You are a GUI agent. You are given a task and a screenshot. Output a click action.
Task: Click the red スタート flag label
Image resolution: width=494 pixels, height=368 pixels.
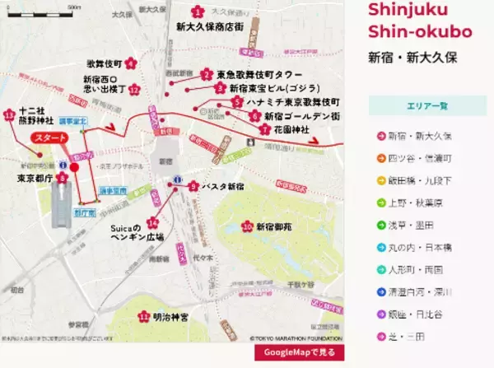point(49,137)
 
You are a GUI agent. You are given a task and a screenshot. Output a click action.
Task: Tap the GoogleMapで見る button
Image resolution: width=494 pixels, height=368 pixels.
point(299,353)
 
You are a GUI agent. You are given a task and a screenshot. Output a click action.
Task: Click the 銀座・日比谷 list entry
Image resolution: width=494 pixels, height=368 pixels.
point(418,314)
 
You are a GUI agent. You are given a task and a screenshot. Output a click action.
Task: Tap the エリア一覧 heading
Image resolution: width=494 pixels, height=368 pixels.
point(428,106)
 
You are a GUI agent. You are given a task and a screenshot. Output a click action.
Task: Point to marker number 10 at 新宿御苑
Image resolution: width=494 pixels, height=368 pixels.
point(246,226)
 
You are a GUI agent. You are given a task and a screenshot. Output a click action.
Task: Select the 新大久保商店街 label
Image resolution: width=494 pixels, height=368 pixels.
point(210,26)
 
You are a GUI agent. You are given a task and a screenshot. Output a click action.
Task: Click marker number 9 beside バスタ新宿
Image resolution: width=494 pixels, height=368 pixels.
point(193,187)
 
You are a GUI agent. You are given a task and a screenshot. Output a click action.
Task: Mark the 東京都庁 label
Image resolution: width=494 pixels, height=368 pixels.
point(35,176)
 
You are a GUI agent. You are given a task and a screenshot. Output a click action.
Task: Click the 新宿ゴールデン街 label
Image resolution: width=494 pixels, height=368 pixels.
point(301,116)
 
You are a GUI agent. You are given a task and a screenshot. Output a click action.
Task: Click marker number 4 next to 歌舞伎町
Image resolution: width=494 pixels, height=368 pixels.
point(131,63)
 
